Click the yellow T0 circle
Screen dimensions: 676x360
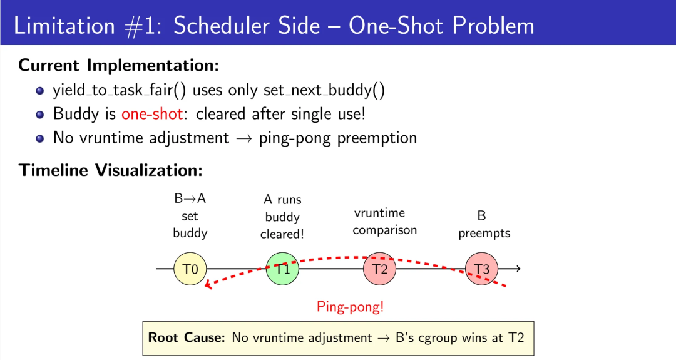[190, 269]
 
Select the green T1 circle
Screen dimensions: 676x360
[282, 269]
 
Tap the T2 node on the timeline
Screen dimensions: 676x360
[380, 269]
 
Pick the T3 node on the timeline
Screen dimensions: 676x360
[481, 269]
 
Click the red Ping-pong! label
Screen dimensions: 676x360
[350, 307]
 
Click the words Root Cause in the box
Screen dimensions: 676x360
[186, 337]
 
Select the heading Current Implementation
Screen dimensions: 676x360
[119, 65]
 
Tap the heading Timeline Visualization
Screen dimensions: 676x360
[111, 170]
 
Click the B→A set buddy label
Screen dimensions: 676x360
[190, 216]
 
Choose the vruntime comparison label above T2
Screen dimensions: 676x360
[384, 222]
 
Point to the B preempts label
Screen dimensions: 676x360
[484, 225]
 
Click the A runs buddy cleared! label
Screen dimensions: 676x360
[282, 217]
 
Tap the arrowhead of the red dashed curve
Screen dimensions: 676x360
[208, 287]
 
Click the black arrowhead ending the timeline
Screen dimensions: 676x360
[517, 269]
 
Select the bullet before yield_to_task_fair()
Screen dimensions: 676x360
[40, 91]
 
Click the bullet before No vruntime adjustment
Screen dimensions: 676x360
[40, 138]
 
